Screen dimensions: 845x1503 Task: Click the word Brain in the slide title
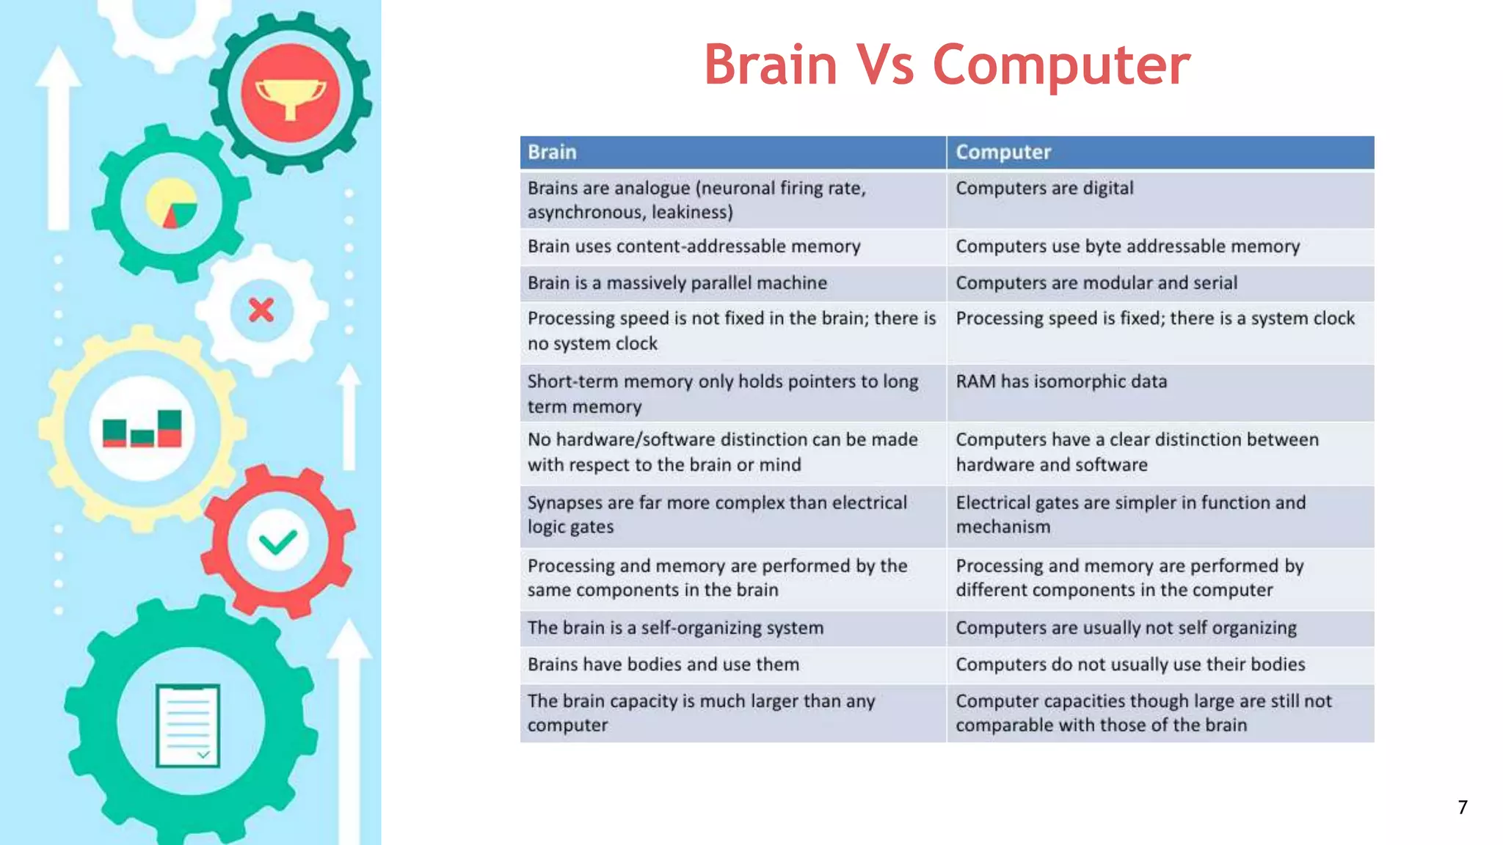(771, 65)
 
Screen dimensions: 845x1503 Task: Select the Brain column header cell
(732, 152)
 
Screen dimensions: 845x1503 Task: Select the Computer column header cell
(1160, 152)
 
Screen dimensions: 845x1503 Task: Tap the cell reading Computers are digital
(1160, 199)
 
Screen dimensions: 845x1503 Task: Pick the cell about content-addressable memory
(732, 246)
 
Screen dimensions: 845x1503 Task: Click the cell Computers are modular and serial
(1160, 283)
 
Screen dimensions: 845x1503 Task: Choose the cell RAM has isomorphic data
(1160, 393)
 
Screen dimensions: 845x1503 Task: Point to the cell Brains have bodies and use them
(732, 665)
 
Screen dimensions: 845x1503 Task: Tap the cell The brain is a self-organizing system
(732, 628)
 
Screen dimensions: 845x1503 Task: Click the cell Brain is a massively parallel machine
(732, 283)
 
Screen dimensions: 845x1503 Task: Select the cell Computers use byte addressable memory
(1160, 246)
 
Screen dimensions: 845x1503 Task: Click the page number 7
(1463, 808)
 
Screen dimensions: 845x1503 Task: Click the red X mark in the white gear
(261, 310)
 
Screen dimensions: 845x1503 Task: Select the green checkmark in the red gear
(278, 543)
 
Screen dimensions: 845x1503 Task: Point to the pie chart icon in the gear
(172, 204)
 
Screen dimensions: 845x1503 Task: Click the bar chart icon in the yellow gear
(142, 429)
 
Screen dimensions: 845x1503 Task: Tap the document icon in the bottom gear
(188, 725)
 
